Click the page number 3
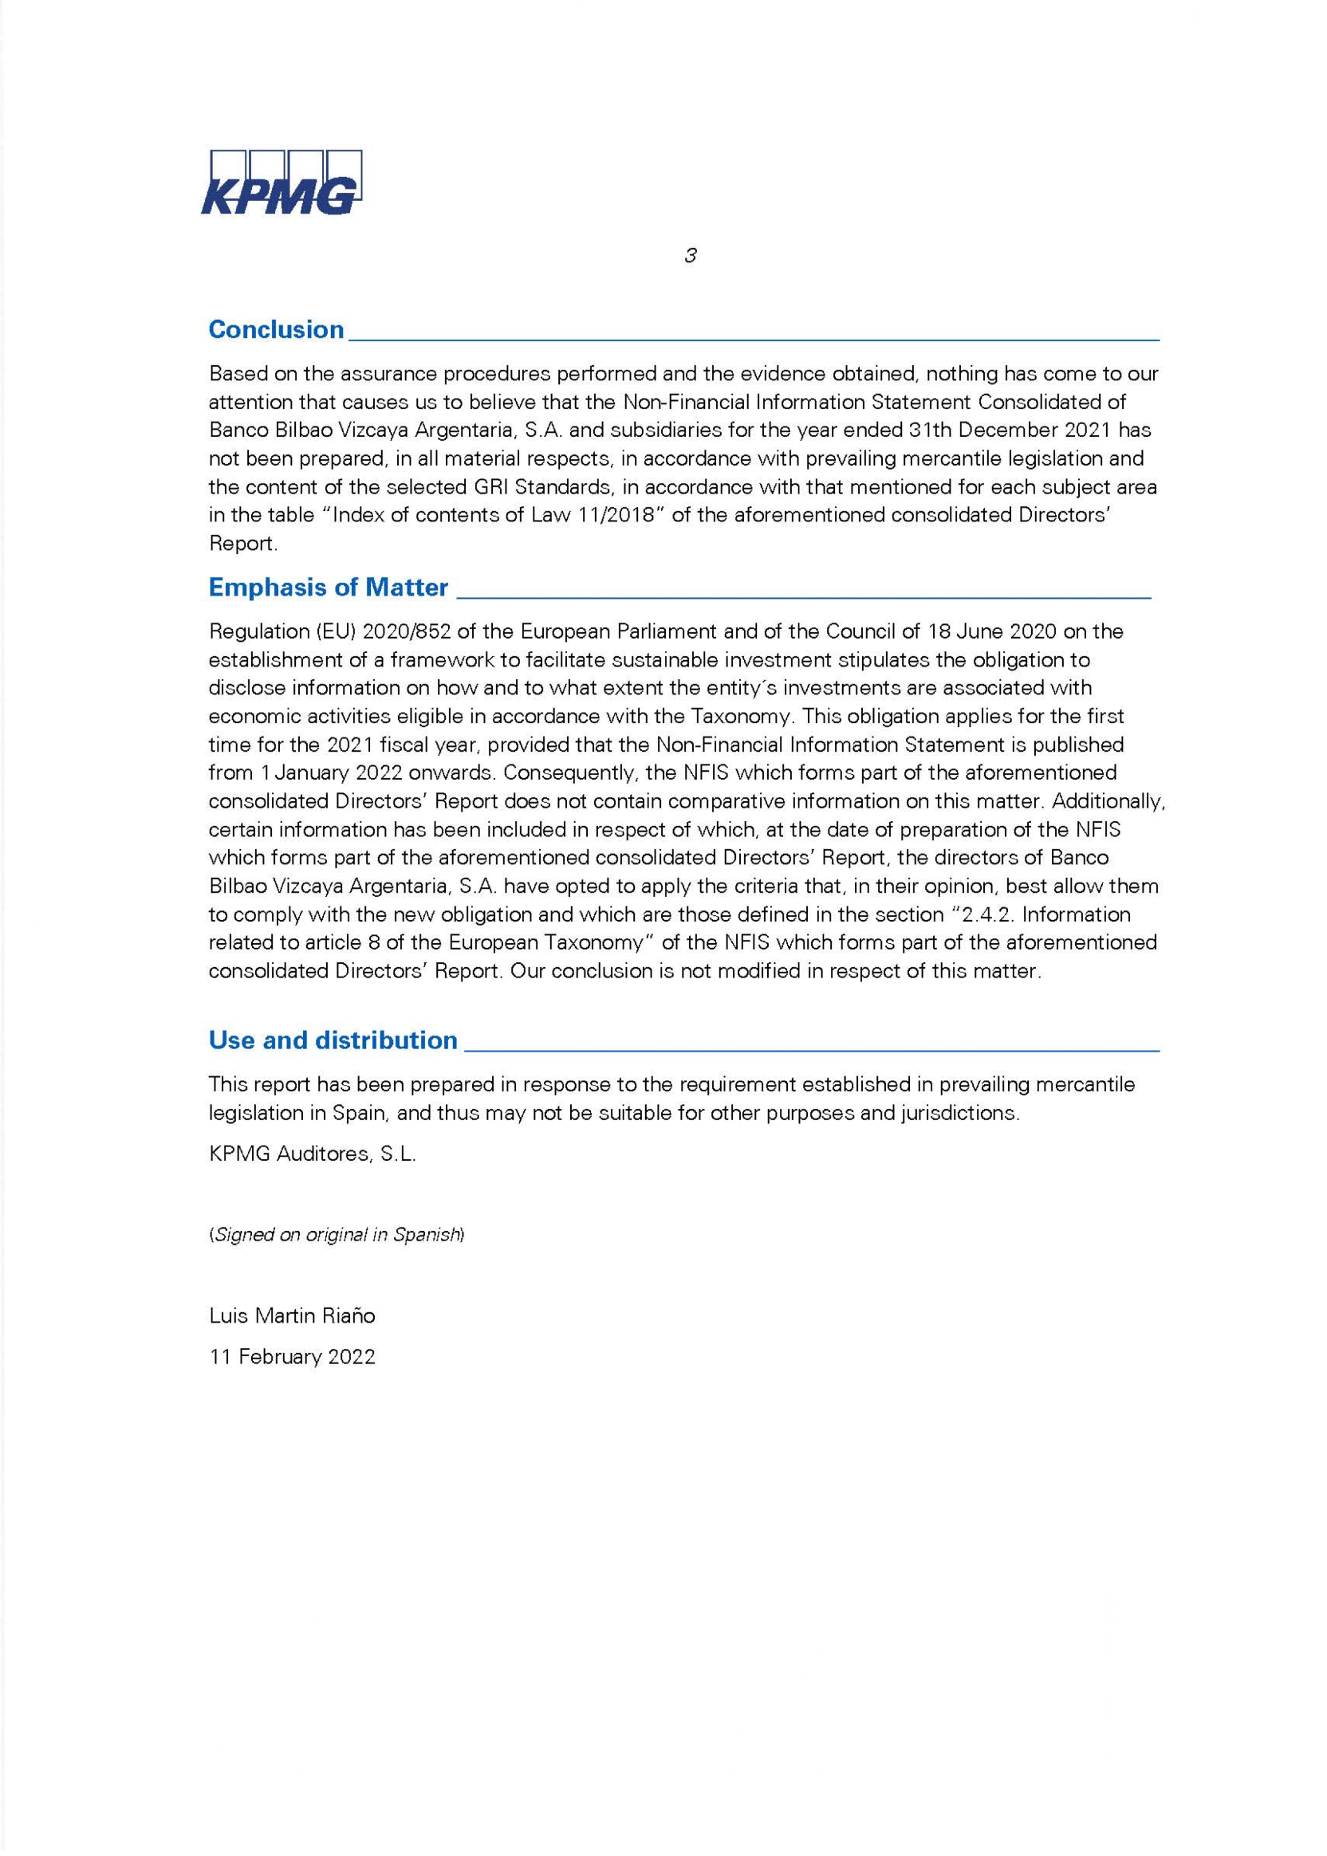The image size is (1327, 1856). click(x=691, y=256)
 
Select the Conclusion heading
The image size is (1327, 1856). click(x=276, y=329)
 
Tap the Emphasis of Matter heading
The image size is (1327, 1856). click(x=329, y=588)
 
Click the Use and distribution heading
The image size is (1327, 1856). click(x=333, y=1040)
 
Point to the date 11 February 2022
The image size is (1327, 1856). click(x=292, y=1357)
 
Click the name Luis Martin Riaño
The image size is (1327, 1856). click(x=292, y=1315)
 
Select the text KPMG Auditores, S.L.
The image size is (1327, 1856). click(x=312, y=1154)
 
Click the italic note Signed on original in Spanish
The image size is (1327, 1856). click(x=337, y=1235)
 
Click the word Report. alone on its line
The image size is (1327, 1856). click(x=242, y=544)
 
